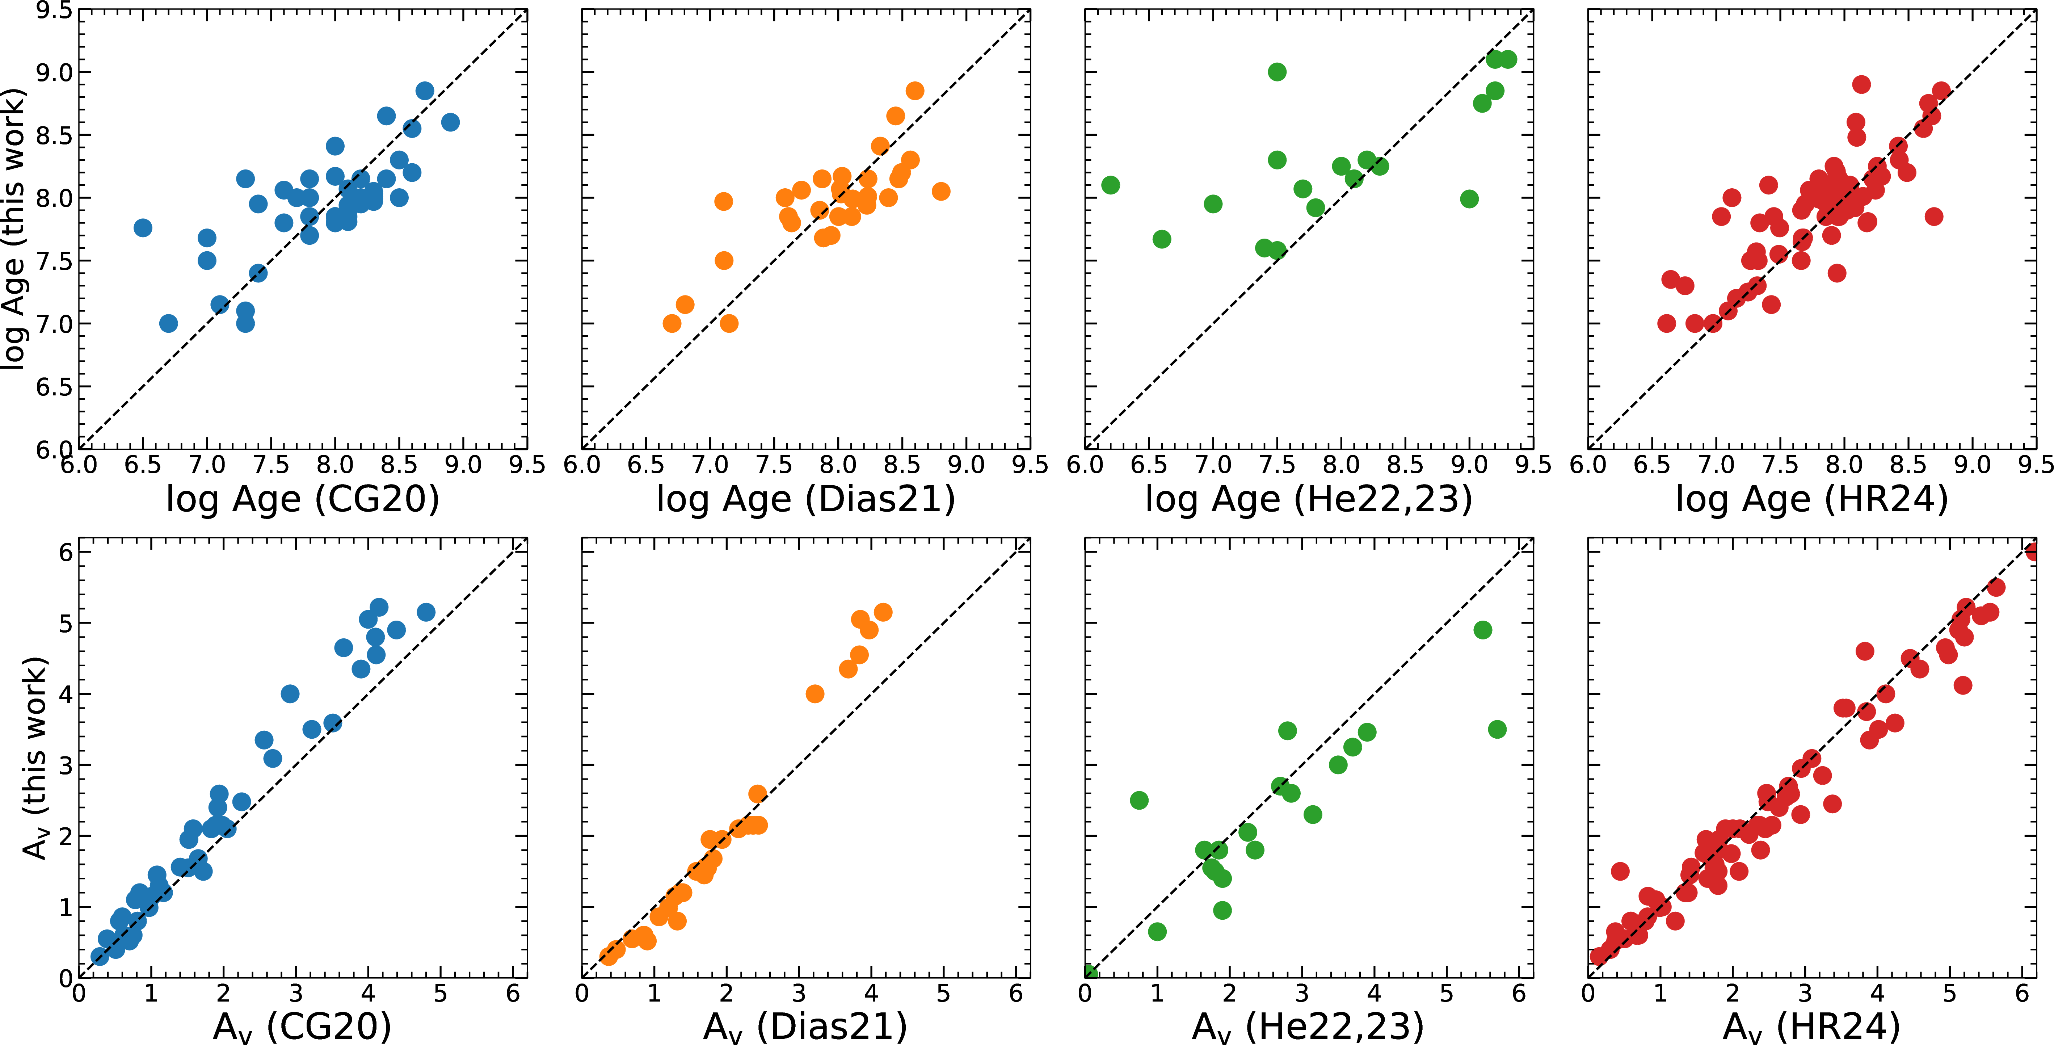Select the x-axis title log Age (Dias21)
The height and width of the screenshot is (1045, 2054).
(x=805, y=499)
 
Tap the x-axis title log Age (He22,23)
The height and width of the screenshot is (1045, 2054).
(x=1309, y=499)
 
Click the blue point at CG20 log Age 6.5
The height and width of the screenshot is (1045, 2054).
(x=143, y=228)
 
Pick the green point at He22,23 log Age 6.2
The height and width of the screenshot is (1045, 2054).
(x=1110, y=185)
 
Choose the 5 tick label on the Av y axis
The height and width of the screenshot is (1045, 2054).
(x=66, y=623)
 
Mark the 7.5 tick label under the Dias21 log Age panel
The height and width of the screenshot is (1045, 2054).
(x=774, y=464)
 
